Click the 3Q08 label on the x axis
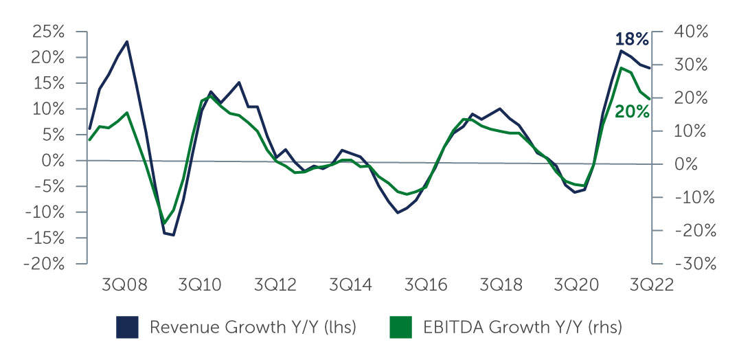coord(124,286)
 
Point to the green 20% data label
coord(632,111)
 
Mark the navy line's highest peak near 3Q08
coord(127,42)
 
